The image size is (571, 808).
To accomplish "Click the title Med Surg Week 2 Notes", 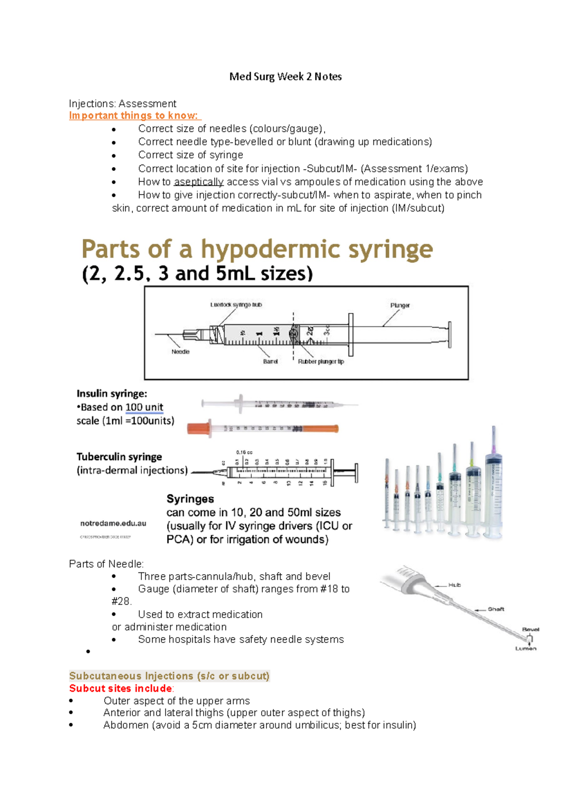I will coord(285,77).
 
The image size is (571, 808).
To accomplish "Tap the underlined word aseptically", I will coord(198,182).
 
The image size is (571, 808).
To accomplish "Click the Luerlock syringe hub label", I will coord(236,305).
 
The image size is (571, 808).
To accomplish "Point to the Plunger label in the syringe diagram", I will coord(400,305).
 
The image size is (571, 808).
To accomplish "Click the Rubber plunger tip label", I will coord(321,362).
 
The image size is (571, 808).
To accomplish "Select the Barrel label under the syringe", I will coord(270,362).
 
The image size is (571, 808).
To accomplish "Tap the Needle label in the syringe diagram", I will coord(180,352).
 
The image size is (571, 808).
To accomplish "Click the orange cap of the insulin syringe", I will coord(198,428).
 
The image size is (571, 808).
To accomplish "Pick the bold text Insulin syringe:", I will coord(112,394).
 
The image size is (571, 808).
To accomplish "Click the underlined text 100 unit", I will coord(144,407).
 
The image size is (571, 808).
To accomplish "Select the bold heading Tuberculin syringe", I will coord(119,457).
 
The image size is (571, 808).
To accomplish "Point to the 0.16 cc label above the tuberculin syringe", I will coord(244,452).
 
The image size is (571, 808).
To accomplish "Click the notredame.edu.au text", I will coord(113,523).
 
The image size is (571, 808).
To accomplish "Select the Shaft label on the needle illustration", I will coord(495,609).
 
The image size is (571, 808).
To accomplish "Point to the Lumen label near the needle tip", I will coord(526,648).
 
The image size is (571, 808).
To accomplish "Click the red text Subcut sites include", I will coord(120,689).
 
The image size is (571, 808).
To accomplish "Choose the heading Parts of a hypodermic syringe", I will coord(257,249).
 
